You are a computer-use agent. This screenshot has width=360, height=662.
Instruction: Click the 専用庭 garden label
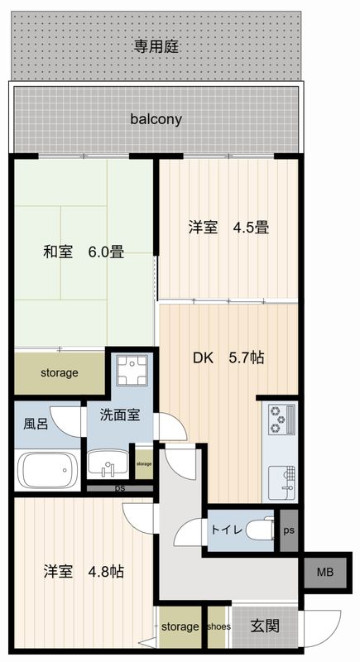coord(157,46)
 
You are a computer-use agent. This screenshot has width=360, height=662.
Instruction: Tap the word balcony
coord(156,119)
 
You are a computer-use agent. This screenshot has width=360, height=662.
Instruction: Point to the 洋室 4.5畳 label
coord(228,227)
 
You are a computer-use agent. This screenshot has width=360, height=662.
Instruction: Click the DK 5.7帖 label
coord(228,358)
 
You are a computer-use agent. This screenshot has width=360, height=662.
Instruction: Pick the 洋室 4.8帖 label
coord(84,571)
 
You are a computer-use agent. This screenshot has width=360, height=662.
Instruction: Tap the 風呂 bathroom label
coord(35,425)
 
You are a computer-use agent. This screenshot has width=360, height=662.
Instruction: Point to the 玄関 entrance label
coord(264,626)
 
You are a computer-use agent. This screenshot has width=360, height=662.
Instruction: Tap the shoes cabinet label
coord(219,626)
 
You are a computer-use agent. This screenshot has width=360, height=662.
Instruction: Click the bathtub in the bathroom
coord(47,471)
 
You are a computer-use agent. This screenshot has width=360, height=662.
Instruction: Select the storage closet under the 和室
coord(60,373)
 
